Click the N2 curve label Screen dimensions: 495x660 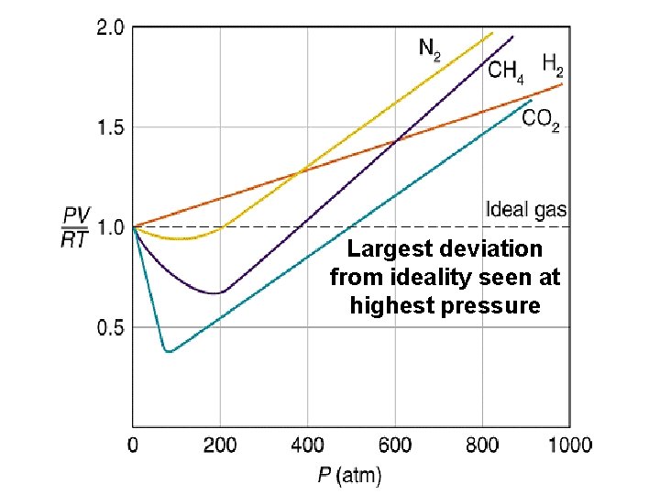(429, 49)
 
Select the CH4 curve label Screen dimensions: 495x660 (506, 71)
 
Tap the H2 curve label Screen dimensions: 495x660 (553, 64)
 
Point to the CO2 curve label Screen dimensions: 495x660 (541, 119)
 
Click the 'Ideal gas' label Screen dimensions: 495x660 (525, 210)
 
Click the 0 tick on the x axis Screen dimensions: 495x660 (134, 445)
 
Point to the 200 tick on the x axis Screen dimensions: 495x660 (220, 445)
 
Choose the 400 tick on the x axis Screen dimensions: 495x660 (307, 445)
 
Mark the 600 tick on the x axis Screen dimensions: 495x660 (395, 445)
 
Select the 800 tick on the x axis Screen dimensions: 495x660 (482, 445)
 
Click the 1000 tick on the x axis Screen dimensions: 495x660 (569, 445)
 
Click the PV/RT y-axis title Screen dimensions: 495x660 (75, 227)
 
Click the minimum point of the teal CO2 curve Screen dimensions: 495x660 (168, 351)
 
